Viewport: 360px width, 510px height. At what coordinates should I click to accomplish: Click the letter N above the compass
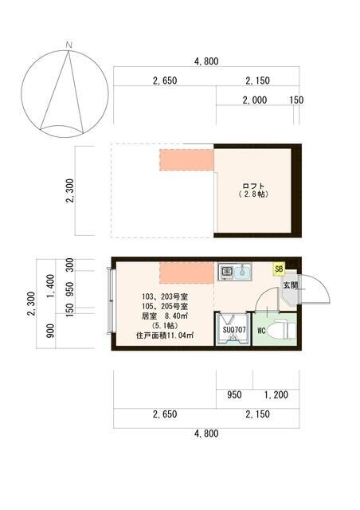point(70,44)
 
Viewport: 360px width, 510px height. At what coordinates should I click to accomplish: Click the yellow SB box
point(279,269)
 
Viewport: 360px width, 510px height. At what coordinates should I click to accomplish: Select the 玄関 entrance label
point(290,284)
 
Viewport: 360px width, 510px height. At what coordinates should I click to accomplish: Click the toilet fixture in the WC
point(281,329)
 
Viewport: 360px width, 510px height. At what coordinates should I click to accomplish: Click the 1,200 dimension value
point(276,394)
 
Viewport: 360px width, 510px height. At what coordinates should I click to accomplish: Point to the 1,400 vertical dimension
point(49,284)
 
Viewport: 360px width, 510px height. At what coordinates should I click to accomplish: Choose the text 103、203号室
point(160,294)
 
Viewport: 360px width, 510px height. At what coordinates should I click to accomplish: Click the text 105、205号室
point(160,305)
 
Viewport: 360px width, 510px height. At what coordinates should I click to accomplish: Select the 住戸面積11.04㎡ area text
point(160,337)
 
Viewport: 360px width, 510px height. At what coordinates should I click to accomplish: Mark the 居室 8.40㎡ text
point(160,316)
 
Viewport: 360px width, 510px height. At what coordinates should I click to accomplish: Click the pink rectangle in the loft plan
point(186,158)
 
